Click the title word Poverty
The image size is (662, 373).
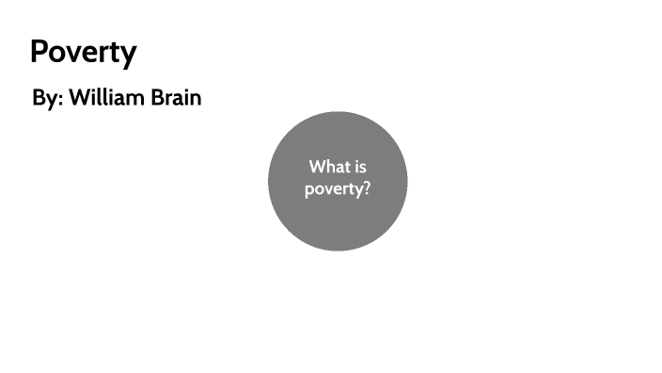[x=83, y=53]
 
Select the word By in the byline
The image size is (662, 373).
[x=44, y=98]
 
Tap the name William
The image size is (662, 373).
[x=105, y=98]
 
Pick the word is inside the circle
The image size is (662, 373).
[x=358, y=167]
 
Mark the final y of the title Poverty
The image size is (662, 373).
[x=128, y=55]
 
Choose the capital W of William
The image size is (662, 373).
[x=78, y=98]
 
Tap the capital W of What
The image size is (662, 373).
[x=317, y=167]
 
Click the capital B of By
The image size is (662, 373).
[x=39, y=98]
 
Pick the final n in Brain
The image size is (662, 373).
[x=195, y=99]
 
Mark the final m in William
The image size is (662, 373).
[x=135, y=99]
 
